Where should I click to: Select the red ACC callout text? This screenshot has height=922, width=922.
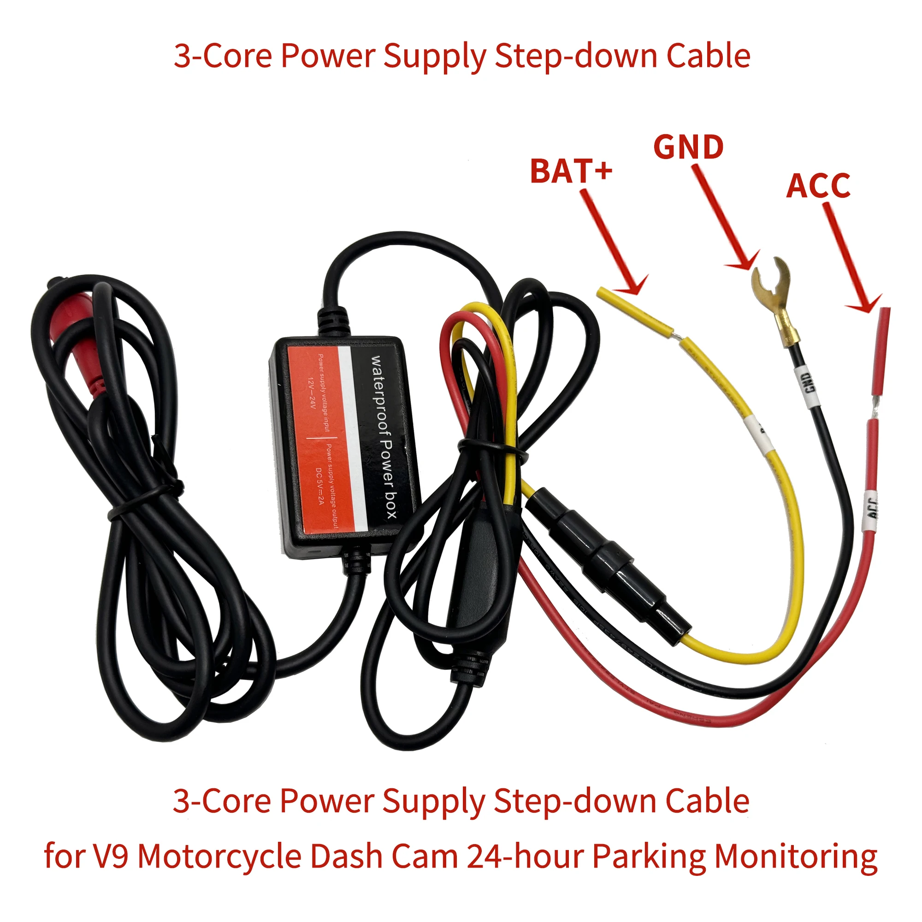tap(818, 186)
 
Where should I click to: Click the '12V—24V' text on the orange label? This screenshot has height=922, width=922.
tap(311, 394)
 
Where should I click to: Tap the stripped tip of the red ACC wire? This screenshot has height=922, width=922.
tap(883, 349)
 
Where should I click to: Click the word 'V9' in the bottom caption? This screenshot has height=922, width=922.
tap(111, 856)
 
